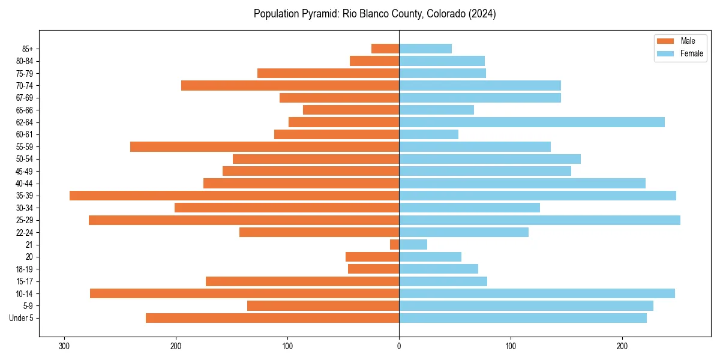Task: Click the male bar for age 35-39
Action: coord(234,196)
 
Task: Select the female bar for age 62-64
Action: coord(532,122)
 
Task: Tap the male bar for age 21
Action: coord(394,245)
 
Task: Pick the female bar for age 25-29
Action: coord(539,220)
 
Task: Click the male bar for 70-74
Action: coord(290,86)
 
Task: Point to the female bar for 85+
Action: coord(425,49)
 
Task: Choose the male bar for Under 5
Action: coord(272,318)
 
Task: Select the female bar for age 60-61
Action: coord(428,134)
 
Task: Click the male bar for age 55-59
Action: coord(265,147)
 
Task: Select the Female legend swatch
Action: coord(666,53)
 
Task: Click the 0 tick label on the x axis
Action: coord(399,346)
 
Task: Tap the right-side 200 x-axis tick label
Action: coord(622,346)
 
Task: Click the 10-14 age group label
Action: coord(25,294)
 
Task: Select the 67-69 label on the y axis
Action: coord(25,98)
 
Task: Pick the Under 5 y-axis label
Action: coord(22,318)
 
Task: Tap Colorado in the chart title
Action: coord(445,14)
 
